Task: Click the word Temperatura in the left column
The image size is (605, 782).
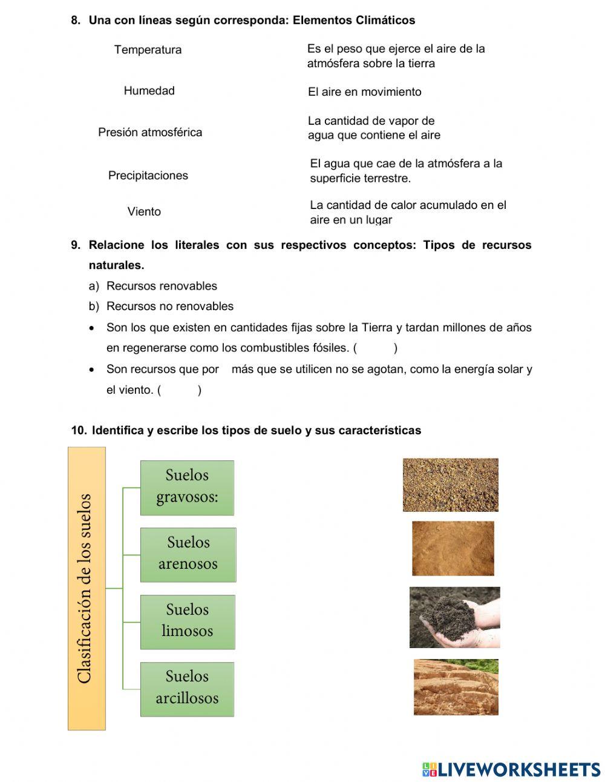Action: pos(148,50)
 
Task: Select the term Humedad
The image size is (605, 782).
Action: pos(149,91)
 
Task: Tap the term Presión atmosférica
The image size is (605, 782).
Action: pos(150,132)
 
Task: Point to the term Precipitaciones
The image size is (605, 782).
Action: pos(148,176)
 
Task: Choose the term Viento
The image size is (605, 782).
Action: pos(144,212)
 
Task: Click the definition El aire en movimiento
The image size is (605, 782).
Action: pos(364,92)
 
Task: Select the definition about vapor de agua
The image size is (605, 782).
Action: pos(374,128)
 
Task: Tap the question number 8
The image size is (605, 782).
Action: pos(75,21)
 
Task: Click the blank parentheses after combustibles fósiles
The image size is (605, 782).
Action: pos(375,348)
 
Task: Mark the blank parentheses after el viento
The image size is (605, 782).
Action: pos(179,390)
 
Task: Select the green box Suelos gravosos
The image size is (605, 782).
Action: pos(187,488)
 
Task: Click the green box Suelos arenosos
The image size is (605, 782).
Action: pos(188,554)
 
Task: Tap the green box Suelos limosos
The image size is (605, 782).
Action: pos(187,621)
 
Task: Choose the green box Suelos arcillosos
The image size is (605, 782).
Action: pos(187,689)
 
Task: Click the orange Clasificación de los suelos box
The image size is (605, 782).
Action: pos(87,588)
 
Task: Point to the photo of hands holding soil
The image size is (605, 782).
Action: pos(454,617)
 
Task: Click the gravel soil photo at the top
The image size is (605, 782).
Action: pos(450,485)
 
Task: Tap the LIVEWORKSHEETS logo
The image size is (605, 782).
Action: pos(511,769)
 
